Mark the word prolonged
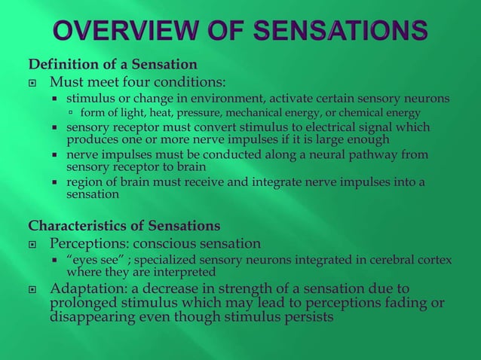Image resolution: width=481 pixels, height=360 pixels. tap(80, 304)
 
